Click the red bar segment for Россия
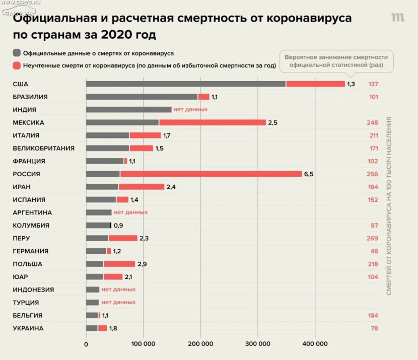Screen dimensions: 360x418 (211, 174)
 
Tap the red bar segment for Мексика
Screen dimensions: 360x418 (212, 122)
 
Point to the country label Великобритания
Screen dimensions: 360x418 (43, 148)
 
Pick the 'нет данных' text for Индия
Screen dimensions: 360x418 (190, 109)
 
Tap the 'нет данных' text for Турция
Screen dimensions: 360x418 (118, 302)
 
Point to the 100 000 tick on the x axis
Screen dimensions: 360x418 (143, 344)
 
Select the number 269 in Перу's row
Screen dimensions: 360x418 (373, 238)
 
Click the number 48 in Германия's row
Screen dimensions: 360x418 (374, 251)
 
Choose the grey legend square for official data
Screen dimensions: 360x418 (17, 52)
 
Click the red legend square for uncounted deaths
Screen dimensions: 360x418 (17, 65)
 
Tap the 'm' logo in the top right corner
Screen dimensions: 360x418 (398, 18)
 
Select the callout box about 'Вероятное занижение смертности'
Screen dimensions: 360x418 (336, 61)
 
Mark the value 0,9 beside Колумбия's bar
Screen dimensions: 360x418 (119, 225)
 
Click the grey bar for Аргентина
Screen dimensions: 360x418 (99, 212)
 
